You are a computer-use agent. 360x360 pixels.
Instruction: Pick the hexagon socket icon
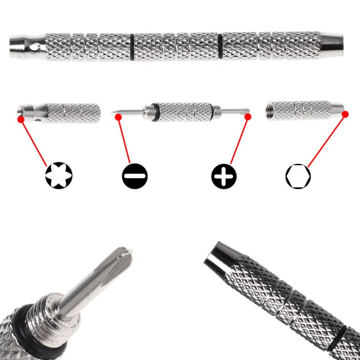[x=298, y=175]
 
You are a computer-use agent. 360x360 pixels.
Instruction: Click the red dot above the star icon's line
[x=20, y=120]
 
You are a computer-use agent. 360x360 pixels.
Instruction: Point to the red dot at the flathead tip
[x=118, y=117]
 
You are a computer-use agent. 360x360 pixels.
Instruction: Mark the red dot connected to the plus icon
[x=247, y=117]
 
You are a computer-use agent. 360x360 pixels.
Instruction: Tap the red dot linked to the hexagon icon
[x=345, y=114]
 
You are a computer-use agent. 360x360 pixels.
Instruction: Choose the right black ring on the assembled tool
[x=220, y=45]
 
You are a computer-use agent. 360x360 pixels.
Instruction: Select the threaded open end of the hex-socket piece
[x=270, y=111]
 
